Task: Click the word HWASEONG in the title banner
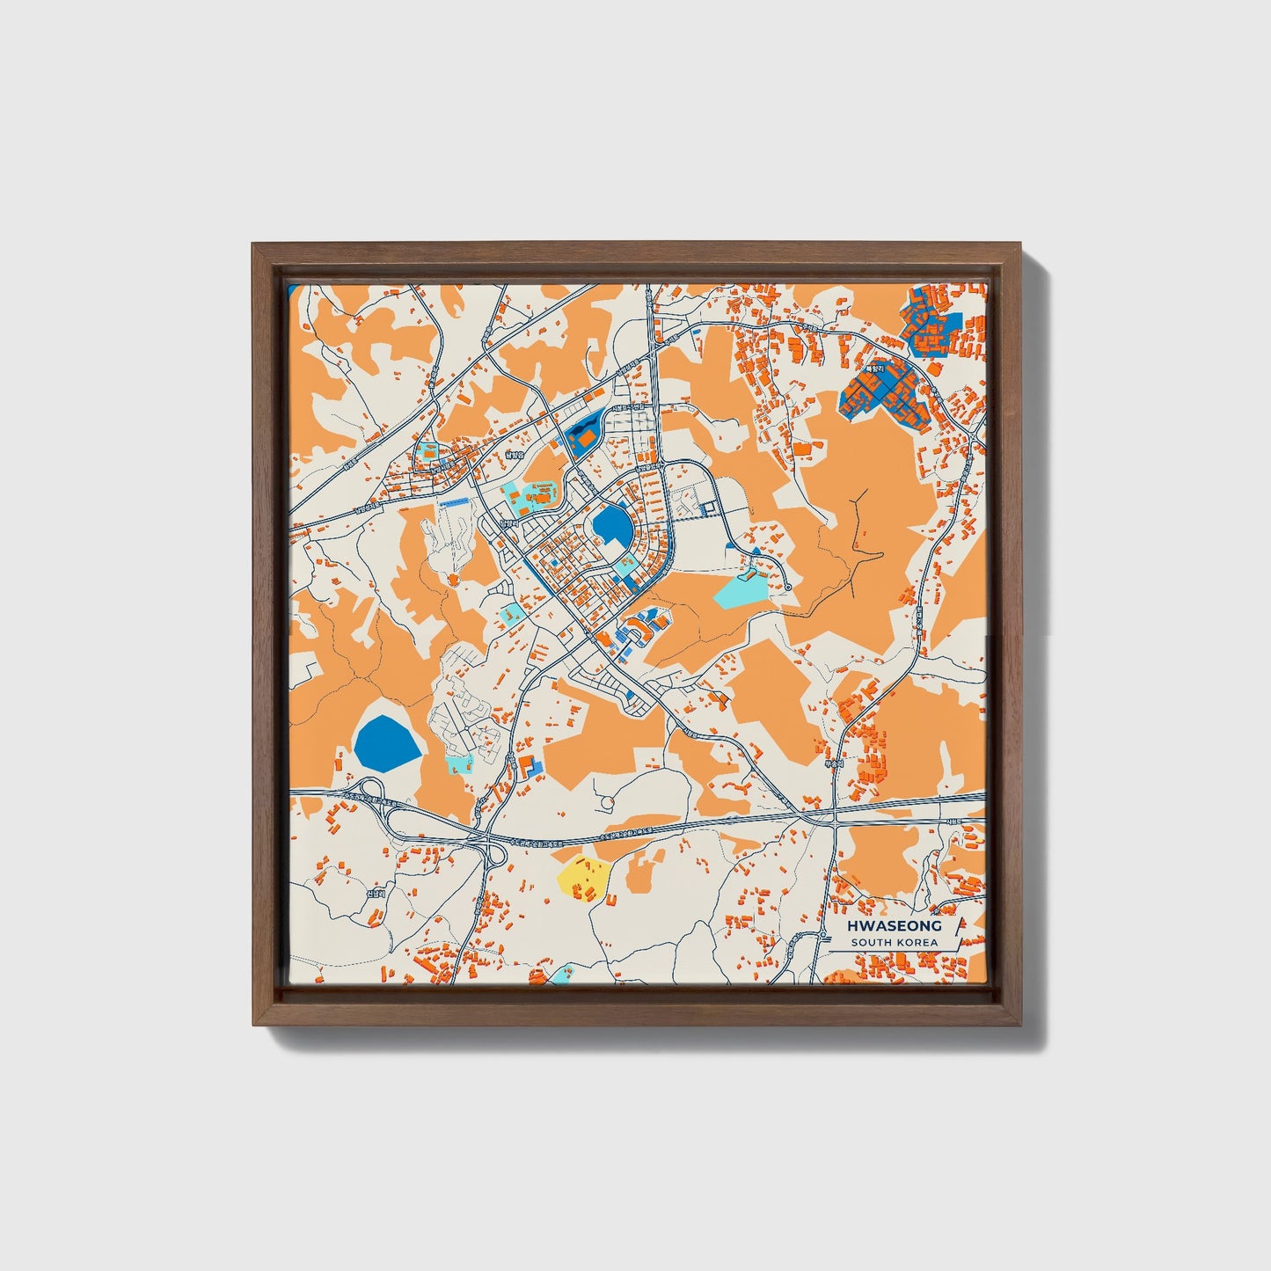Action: click(x=894, y=925)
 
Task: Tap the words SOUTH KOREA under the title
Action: click(x=894, y=943)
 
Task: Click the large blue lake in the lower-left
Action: click(x=386, y=741)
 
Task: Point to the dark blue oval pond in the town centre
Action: click(x=612, y=528)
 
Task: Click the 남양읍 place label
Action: click(x=514, y=455)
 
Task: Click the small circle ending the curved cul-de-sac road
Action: click(x=788, y=587)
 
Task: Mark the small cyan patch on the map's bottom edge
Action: click(x=560, y=974)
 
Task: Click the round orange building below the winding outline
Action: click(x=452, y=579)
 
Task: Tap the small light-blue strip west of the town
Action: click(x=454, y=501)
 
